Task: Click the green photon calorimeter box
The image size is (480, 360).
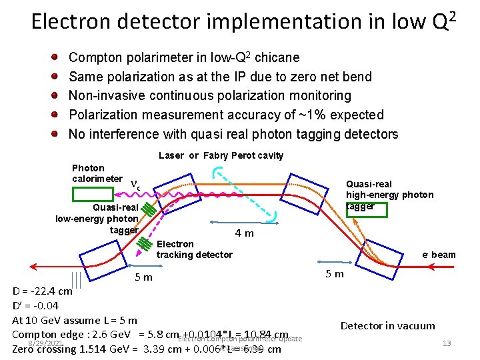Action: coord(93,194)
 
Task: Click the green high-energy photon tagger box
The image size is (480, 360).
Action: coord(360,206)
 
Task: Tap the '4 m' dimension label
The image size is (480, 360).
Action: coord(245,233)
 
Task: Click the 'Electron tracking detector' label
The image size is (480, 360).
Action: coord(194,249)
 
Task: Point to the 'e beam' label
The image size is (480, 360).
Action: coord(439,254)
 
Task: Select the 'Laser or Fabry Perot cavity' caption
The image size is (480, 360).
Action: coord(221,155)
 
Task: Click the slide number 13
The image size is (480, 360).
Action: coord(447,343)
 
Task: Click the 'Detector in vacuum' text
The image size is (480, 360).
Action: coord(387,326)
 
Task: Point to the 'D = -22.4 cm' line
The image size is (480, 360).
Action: coord(43,291)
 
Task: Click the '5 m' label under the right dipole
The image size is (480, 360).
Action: coord(335,273)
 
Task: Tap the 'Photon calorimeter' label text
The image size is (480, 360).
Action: coord(97,173)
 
